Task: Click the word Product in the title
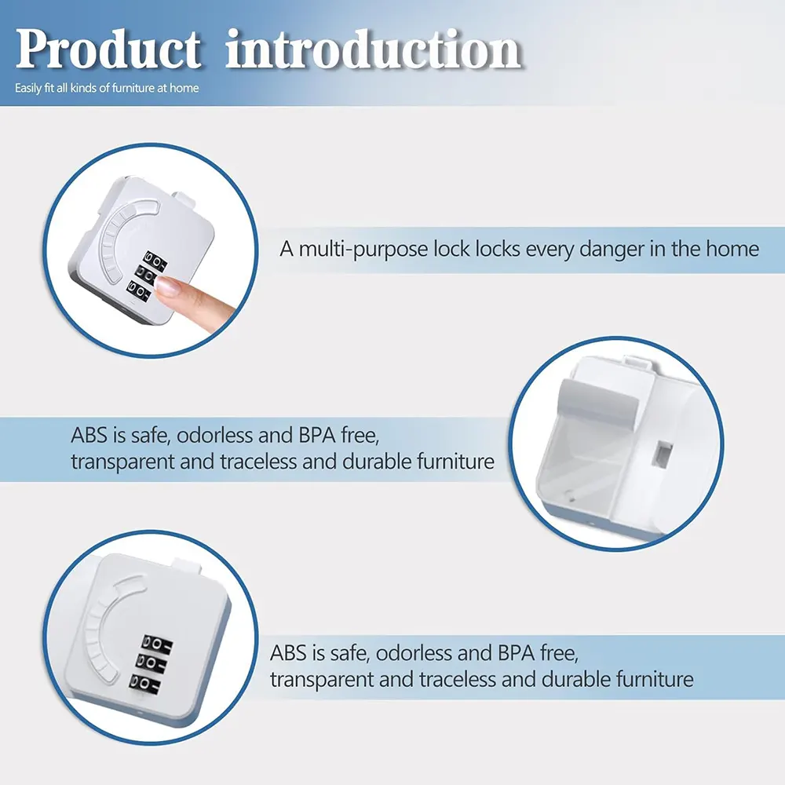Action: (108, 49)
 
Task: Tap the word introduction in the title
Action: (374, 49)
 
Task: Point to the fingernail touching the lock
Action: (167, 287)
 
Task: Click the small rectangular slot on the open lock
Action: (663, 455)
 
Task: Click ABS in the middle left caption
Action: (89, 435)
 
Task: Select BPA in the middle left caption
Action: (317, 435)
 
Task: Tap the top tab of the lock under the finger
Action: (184, 199)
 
